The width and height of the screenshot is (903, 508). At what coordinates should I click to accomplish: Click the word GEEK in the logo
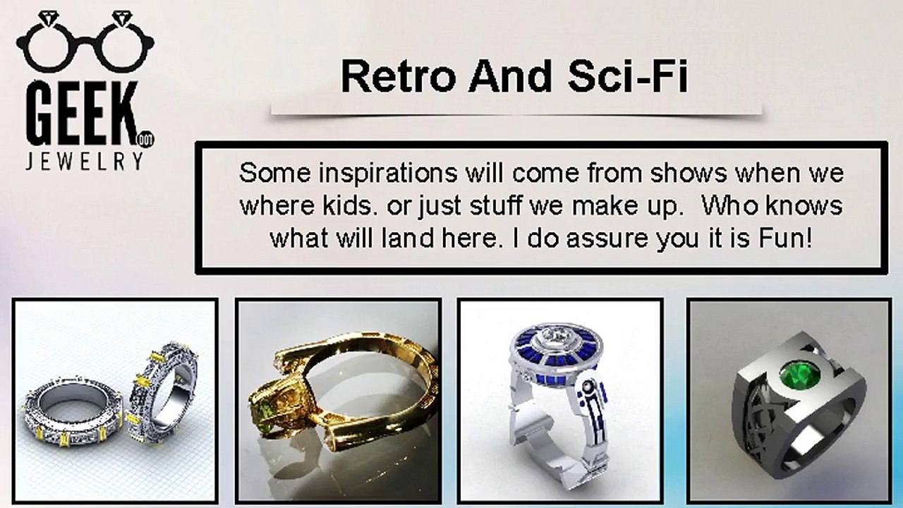click(x=83, y=114)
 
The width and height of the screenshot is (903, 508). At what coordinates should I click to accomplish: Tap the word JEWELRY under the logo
click(x=84, y=161)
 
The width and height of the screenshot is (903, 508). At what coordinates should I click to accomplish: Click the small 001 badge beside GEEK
click(x=146, y=140)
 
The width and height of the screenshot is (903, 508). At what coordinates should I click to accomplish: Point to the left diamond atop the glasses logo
click(x=48, y=18)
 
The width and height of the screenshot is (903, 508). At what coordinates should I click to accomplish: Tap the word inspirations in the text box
click(x=388, y=174)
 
